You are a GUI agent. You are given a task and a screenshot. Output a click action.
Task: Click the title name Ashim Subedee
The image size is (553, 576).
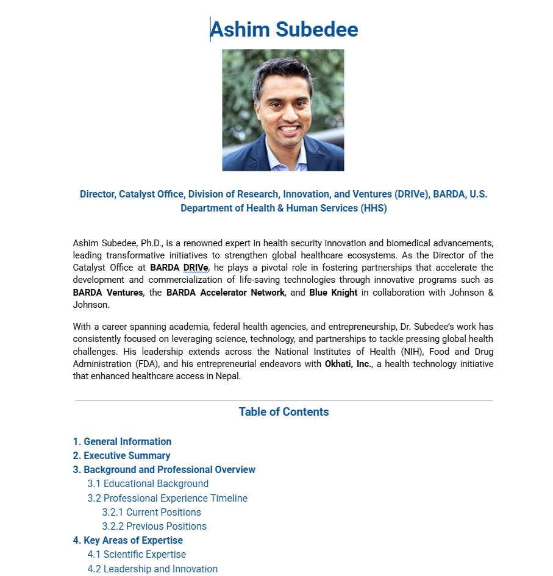(284, 29)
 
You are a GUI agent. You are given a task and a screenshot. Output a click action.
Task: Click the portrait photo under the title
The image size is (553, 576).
(283, 110)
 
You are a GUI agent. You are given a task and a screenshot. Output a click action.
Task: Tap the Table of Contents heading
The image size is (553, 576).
(284, 412)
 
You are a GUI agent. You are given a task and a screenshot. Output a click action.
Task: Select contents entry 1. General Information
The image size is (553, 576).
(122, 442)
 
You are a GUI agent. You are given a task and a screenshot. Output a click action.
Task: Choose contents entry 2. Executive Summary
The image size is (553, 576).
(121, 456)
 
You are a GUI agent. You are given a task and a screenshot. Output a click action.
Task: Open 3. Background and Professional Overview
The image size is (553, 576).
(164, 470)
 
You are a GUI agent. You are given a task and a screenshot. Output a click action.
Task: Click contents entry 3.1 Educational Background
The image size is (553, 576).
(148, 484)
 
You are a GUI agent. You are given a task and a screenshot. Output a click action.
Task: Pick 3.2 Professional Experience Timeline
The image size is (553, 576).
(167, 499)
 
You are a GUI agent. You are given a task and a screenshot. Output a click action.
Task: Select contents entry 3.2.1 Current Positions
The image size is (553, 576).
(151, 513)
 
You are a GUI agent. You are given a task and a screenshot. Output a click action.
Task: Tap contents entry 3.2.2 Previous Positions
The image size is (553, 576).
(154, 527)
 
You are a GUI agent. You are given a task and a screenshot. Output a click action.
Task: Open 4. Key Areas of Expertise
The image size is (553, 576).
(127, 541)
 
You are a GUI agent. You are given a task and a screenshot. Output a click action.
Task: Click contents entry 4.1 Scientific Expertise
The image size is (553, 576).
(137, 555)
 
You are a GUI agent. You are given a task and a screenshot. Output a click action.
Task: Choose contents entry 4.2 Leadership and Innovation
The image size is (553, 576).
(152, 569)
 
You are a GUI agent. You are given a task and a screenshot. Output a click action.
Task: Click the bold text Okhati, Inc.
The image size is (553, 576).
(348, 364)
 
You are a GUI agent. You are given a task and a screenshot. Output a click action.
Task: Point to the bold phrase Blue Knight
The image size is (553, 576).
(333, 293)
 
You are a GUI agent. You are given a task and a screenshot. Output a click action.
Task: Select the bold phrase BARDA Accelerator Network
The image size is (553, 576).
(226, 293)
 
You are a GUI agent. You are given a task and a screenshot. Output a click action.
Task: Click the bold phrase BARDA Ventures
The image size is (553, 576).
(108, 293)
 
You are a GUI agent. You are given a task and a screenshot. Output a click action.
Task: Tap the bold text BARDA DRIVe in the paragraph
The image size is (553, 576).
(179, 268)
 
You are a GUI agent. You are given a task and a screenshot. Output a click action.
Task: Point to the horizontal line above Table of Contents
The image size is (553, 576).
(284, 400)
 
